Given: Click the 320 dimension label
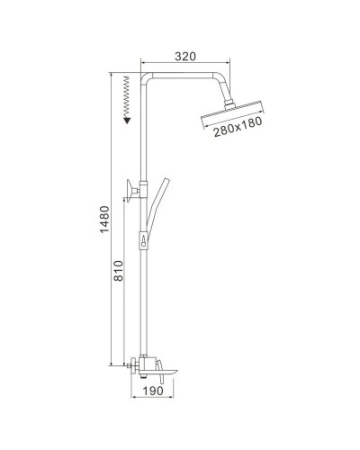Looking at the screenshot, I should (x=184, y=55).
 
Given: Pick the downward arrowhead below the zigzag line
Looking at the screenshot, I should (x=127, y=118).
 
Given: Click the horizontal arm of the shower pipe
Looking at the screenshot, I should (x=184, y=75).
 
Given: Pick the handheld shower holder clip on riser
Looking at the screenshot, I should (x=143, y=241).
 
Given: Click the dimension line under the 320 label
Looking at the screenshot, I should (x=184, y=63).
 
